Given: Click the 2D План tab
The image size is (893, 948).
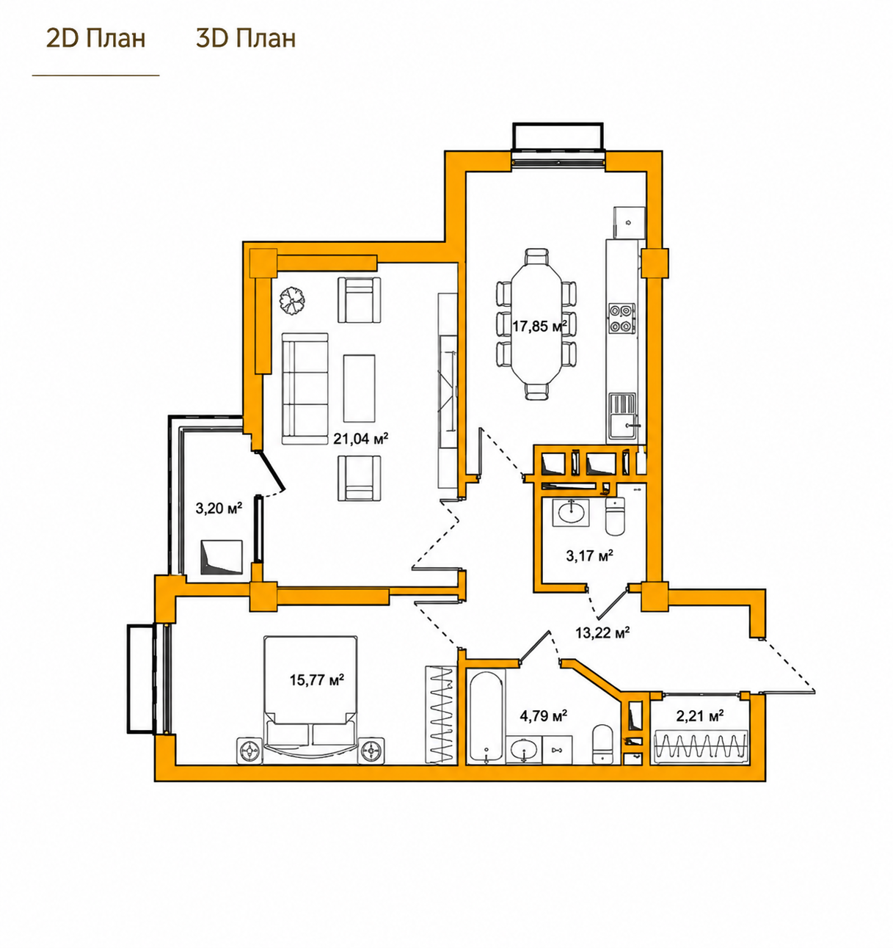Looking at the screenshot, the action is click(95, 38).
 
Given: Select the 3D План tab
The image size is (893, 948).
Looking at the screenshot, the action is click(246, 38).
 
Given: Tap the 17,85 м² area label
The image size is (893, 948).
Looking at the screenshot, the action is click(539, 326).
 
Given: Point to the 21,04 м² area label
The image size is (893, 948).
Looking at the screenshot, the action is click(360, 438).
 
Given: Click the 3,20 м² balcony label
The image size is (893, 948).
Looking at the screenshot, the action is click(219, 508).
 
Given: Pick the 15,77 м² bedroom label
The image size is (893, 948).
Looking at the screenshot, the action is click(316, 679).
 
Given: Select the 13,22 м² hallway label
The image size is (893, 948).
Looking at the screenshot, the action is click(602, 633).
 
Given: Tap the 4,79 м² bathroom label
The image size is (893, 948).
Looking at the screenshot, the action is click(544, 716).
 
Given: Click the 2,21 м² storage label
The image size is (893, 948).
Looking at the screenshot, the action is click(699, 715).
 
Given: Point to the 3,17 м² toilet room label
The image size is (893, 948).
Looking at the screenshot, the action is click(590, 555).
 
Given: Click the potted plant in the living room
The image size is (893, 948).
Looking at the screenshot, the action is click(292, 301).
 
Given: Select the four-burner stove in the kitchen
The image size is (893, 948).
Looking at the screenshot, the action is click(622, 318).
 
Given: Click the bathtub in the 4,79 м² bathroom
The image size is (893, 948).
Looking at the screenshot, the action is click(486, 717).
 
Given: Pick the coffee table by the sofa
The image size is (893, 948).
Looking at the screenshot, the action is click(359, 388).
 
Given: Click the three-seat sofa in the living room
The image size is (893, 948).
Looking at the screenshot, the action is click(305, 389).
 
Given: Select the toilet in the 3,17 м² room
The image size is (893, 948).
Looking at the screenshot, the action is click(615, 516).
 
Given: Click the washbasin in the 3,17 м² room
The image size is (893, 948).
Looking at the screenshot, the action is click(571, 513).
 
